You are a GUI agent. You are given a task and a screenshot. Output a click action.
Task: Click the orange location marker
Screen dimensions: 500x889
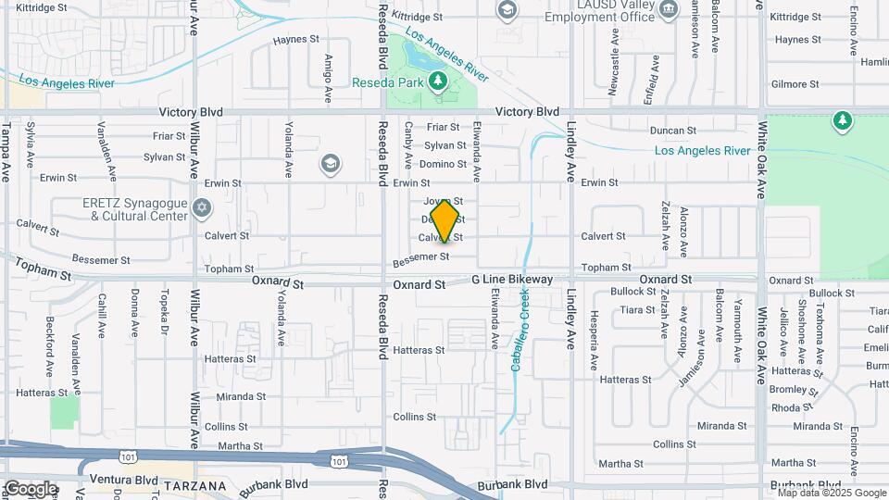coord(445,219)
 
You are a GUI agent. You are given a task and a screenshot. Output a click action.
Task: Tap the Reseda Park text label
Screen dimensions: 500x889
coord(389,81)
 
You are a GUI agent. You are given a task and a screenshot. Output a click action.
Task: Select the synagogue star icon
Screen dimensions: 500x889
coord(204,206)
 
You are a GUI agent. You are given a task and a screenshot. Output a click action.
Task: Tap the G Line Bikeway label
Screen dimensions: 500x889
coord(512,279)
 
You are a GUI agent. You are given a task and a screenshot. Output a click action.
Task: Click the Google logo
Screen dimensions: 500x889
coord(31,489)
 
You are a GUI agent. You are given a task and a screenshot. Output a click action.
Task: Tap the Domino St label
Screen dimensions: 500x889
coord(442,164)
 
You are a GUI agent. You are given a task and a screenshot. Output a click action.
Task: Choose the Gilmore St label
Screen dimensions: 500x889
coord(795,83)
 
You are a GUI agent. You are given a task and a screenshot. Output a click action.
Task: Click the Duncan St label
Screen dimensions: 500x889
coord(672,131)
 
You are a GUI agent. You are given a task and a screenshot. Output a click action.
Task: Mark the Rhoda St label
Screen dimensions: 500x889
coord(793,406)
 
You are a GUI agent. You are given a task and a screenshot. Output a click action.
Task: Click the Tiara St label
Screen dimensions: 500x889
coord(637,310)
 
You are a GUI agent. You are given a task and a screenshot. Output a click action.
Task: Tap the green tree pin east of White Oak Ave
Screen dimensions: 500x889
coord(842,120)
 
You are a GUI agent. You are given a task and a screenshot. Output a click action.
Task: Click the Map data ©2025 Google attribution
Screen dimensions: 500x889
coord(826,493)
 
